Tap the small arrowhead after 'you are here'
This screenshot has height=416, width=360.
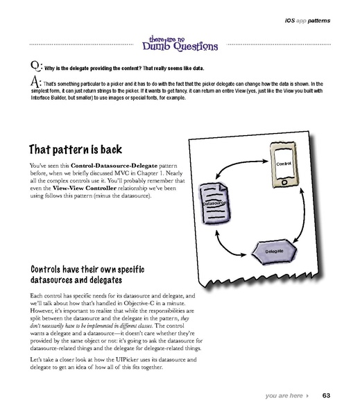[307, 396]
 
